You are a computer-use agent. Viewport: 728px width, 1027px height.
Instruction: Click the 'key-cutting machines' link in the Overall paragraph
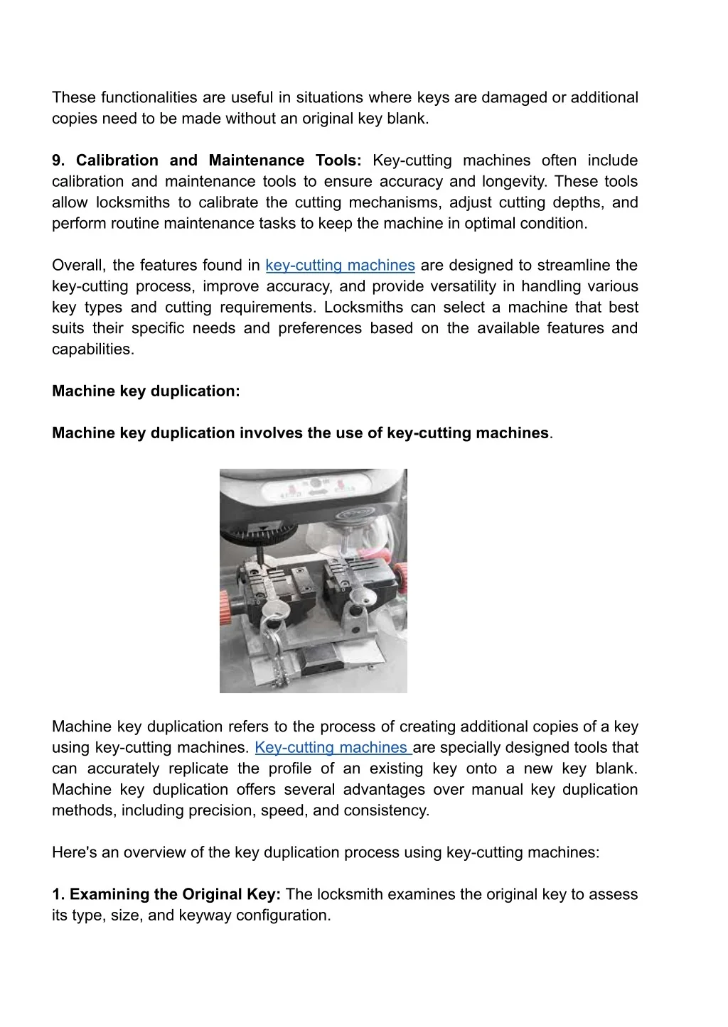coord(340,266)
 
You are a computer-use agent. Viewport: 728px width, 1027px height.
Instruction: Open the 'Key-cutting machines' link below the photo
coord(331,748)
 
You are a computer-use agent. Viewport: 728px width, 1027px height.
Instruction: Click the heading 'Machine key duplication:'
coord(146,391)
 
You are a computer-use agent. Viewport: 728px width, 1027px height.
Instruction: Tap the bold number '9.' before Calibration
coord(58,161)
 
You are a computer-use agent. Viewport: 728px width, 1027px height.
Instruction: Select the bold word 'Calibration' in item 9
coord(117,161)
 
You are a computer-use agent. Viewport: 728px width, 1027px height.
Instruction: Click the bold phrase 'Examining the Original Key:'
coord(175,895)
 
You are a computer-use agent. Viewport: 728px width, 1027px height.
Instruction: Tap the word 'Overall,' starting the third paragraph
coord(79,266)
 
